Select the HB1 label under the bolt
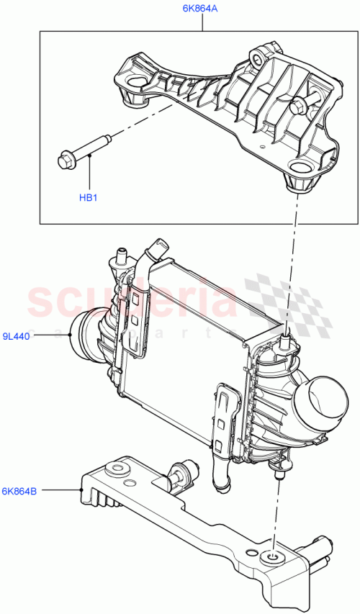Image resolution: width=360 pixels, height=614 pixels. pyautogui.click(x=88, y=197)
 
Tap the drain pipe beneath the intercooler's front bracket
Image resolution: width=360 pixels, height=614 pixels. pyautogui.click(x=219, y=475)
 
